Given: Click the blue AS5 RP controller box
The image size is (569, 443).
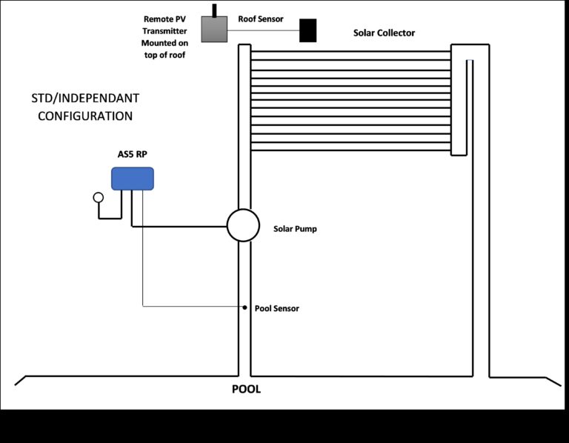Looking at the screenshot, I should point(133,179).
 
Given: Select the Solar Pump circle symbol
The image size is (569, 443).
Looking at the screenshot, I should point(243,224).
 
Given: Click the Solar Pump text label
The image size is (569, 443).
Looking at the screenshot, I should point(295,230).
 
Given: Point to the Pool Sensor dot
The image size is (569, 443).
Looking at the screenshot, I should point(244,307).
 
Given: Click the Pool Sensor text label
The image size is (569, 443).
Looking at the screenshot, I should point(276,308).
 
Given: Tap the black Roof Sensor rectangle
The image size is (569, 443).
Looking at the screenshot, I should point(307,30).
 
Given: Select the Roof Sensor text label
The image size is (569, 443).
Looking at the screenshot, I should point(260,19).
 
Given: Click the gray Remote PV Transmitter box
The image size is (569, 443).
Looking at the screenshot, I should point(215,30).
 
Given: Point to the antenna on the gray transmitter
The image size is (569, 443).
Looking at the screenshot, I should point(214,10).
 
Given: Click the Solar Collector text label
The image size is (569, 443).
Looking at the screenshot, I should point(384,33).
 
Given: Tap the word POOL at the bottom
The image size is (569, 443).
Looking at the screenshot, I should point(247,390).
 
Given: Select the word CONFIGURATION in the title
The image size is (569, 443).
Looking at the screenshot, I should point(85,116).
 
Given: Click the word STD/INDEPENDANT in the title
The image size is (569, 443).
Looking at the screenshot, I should point(85,99).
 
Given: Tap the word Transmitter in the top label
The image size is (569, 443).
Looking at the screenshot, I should point(165,31).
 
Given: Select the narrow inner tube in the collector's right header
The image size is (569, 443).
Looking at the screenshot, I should point(470,104).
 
